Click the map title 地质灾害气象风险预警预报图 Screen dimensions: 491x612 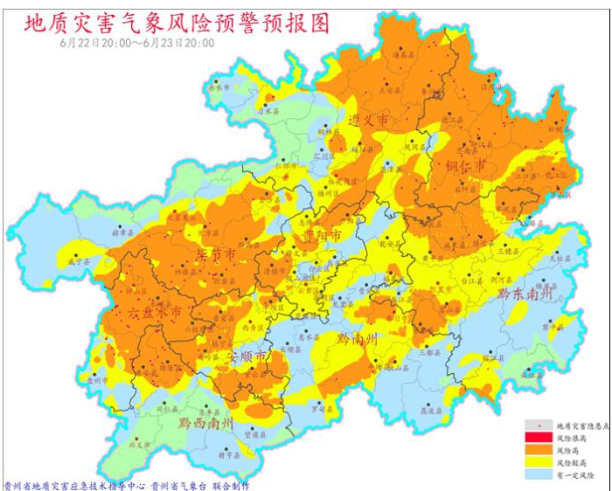pyautogui.click(x=177, y=24)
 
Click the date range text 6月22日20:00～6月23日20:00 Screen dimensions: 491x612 pyautogui.click(x=137, y=42)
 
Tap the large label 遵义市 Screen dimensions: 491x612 pyautogui.click(x=368, y=120)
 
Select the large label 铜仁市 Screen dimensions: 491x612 pyautogui.click(x=464, y=165)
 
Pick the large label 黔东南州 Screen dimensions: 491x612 pyautogui.click(x=525, y=294)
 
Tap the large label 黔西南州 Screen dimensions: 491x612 pyautogui.click(x=205, y=423)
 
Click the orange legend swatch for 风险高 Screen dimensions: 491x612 pyautogui.click(x=535, y=448)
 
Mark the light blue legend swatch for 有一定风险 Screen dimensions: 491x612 pyautogui.click(x=535, y=474)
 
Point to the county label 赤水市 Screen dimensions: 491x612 pyautogui.click(x=218, y=88)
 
